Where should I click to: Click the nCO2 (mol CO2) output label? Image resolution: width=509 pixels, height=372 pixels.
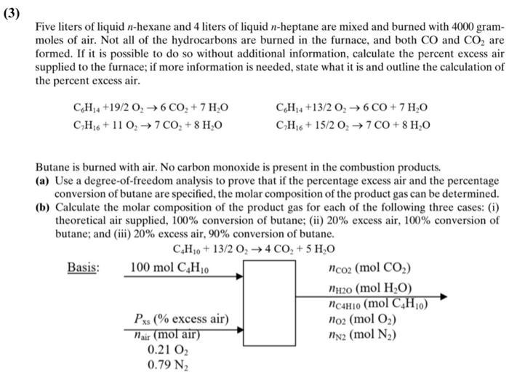tap(370, 266)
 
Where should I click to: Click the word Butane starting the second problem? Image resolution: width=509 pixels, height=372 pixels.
tap(52, 167)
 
